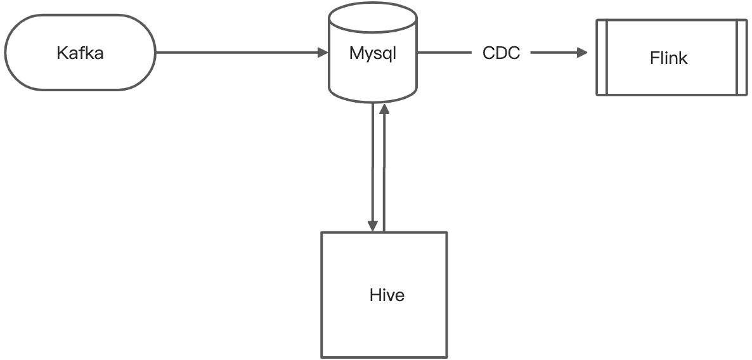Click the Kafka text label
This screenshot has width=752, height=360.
(x=80, y=53)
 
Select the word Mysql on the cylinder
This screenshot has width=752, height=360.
(x=372, y=53)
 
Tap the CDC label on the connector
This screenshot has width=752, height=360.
(x=501, y=53)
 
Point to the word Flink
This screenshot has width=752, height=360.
(x=669, y=58)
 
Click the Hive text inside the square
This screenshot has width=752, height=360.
(x=386, y=295)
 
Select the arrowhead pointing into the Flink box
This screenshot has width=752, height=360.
(x=583, y=53)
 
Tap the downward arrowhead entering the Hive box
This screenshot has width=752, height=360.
(x=373, y=226)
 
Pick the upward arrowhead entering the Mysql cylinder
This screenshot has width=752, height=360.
(x=384, y=110)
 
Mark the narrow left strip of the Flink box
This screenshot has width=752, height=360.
(x=602, y=58)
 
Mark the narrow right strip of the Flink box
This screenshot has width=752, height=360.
(x=741, y=58)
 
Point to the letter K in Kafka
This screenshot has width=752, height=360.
(x=61, y=53)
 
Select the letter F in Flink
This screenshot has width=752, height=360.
(x=654, y=58)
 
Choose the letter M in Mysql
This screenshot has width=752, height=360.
(x=356, y=53)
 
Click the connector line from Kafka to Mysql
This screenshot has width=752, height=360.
(x=238, y=53)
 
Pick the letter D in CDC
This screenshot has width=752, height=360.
(x=501, y=53)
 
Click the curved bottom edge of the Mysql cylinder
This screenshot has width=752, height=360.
(x=372, y=101)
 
